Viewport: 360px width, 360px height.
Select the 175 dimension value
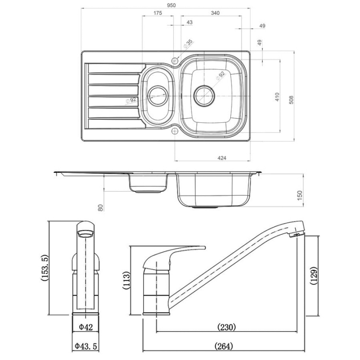coord(157,13)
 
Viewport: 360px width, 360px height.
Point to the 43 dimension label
coord(189,22)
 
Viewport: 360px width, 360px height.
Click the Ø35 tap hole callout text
coord(188,44)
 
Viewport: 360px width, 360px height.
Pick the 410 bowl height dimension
coord(277,97)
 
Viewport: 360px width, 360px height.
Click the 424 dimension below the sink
coord(221,157)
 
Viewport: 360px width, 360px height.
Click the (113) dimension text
coord(127,281)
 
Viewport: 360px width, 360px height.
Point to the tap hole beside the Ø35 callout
coord(175,59)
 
